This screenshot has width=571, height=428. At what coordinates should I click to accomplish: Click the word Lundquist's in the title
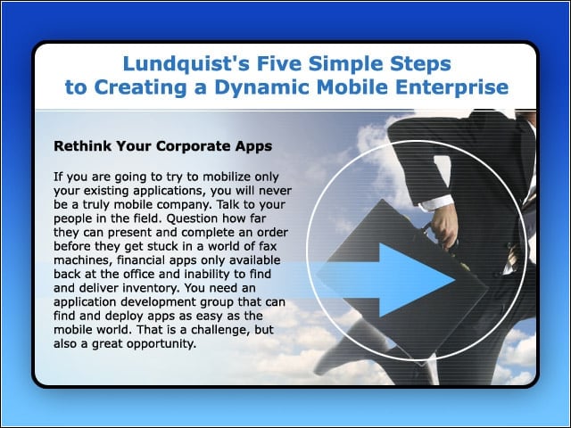coord(186,64)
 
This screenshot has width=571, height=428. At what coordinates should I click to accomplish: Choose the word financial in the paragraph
coord(141,259)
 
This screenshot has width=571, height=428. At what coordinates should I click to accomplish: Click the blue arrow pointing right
coord(385,280)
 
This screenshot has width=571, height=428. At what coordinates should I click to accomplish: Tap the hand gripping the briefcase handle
coord(443,225)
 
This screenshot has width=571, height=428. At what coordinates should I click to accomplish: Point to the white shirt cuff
coord(435,202)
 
